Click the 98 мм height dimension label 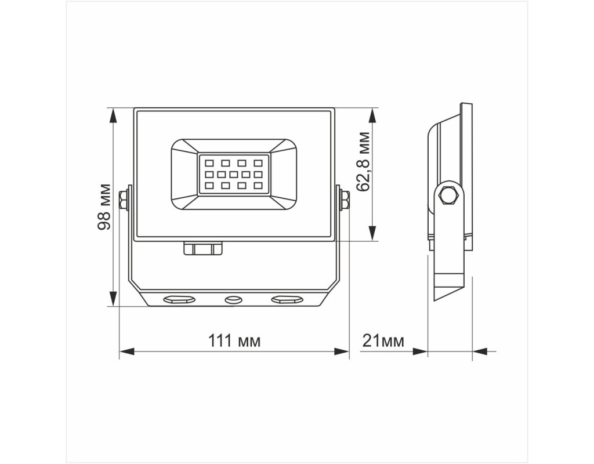[104, 207]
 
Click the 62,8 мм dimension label [363, 161]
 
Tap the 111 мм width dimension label [234, 341]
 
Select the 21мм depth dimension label [383, 341]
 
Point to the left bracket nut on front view [122, 200]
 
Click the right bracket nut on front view [345, 200]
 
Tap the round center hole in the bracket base [233, 300]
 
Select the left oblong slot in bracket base [179, 300]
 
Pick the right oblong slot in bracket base [287, 300]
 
